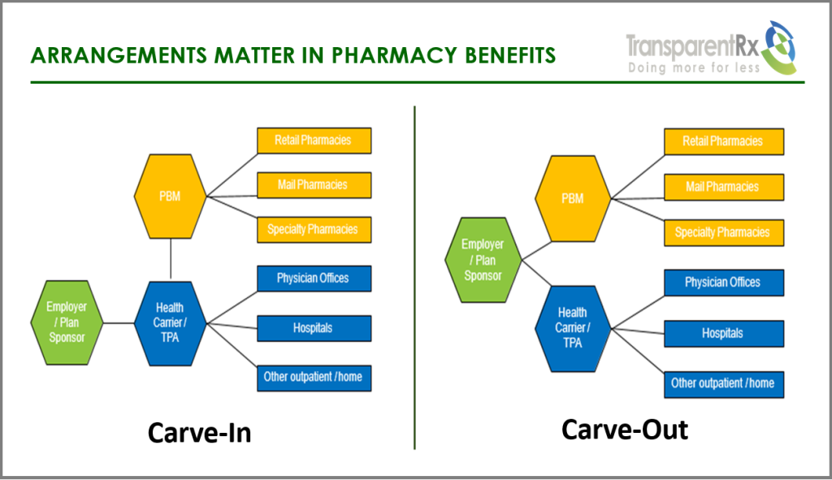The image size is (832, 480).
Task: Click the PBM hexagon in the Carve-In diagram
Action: coord(170,196)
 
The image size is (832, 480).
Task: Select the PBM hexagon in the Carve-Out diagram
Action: coord(572,198)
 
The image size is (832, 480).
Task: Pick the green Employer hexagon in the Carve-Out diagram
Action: coord(483,260)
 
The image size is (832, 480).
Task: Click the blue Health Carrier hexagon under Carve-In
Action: coord(170,323)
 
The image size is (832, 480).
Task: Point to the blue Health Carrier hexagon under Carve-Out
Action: coord(572,327)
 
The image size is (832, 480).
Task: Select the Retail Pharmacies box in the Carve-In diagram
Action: coord(314,141)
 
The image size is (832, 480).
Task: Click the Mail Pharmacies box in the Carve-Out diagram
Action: coord(723,187)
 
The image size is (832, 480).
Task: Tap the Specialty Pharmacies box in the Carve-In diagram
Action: coord(314,229)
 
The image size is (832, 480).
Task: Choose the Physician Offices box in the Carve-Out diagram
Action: coord(723,283)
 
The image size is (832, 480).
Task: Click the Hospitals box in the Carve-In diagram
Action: coord(314,328)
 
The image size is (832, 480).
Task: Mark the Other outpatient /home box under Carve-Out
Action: coord(723,383)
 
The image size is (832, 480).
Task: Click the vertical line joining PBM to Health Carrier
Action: coord(171,260)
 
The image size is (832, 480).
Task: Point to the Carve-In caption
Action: coord(199,433)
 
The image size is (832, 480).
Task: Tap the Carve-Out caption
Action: coord(624,429)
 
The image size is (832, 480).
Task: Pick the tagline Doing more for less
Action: coord(694,68)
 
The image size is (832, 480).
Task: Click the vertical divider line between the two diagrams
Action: coord(414,276)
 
